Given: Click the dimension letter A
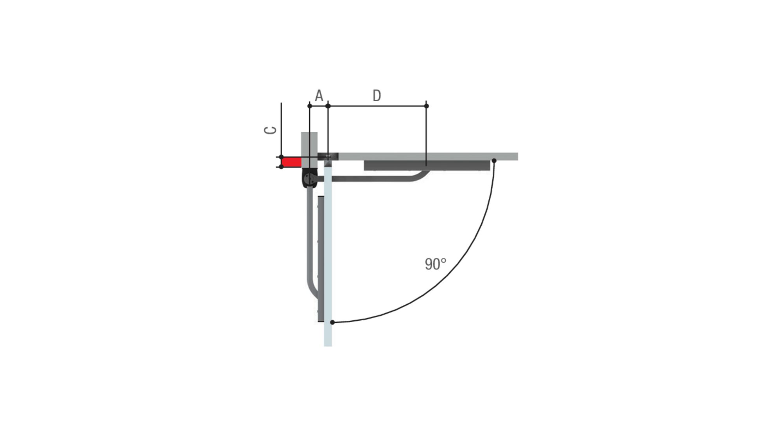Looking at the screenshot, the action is [319, 95].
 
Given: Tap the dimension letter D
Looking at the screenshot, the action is [377, 95].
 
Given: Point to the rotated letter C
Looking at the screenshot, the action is [271, 130].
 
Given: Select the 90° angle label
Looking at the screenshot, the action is [435, 264].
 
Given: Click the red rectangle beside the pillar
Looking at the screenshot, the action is [292, 162].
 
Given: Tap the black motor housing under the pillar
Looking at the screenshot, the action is [310, 178].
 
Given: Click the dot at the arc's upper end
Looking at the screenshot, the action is [494, 161].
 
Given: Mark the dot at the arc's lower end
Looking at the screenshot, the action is [332, 322].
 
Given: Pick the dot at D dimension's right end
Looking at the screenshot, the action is [426, 106].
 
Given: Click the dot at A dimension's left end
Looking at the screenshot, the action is [310, 106].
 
